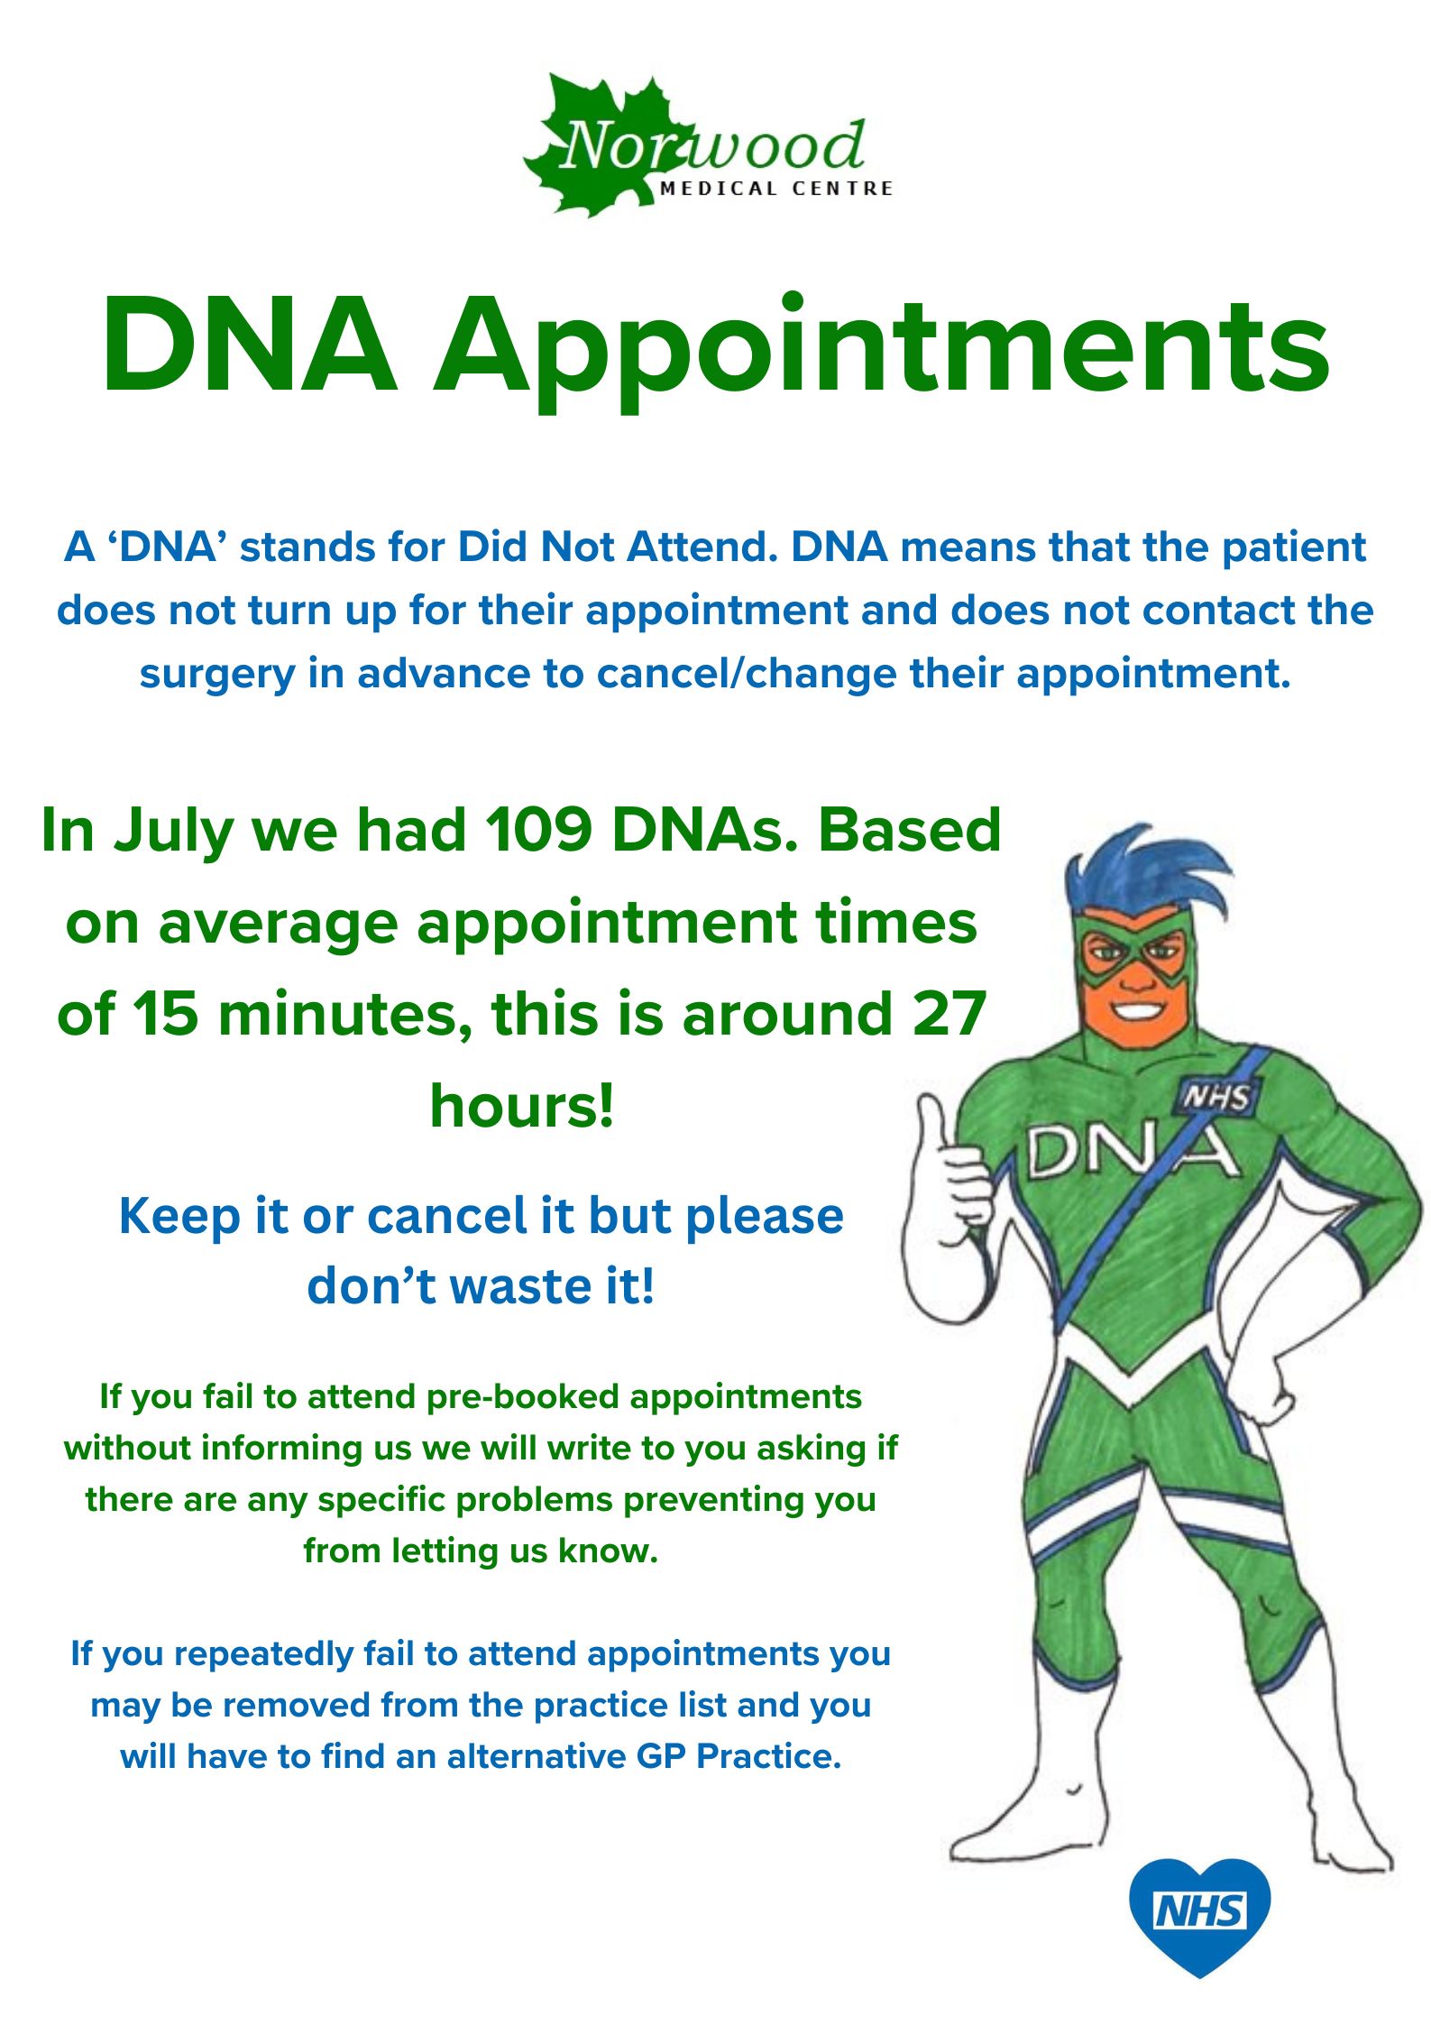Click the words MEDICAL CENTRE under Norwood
point(776,189)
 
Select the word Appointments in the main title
point(881,353)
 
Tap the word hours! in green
point(522,1105)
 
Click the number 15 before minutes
point(166,1014)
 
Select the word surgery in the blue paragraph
point(217,676)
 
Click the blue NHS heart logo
point(1200,1916)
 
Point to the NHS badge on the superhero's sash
point(1217,1097)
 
